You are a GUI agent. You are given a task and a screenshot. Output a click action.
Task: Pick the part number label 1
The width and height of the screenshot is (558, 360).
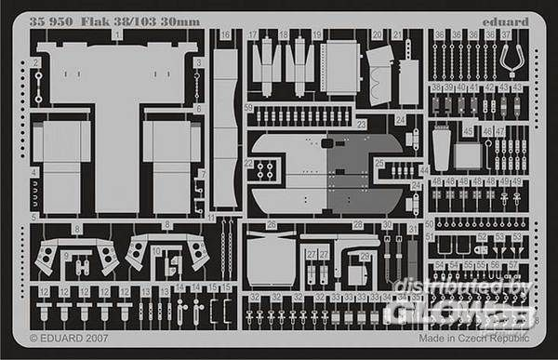117,33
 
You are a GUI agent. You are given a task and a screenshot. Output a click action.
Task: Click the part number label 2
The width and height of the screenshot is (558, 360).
33,61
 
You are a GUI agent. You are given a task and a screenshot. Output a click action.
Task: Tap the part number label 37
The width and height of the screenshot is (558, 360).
507,33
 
